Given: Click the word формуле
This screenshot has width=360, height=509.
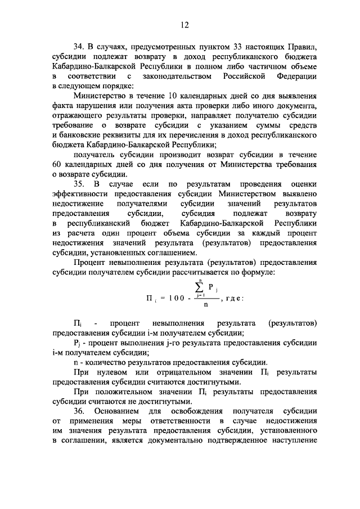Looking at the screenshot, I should [258, 273].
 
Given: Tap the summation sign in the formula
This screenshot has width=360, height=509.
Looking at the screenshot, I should [207, 289].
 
